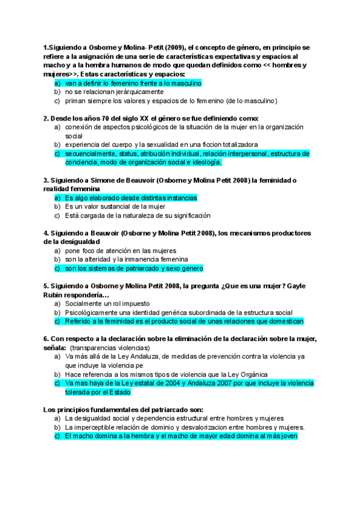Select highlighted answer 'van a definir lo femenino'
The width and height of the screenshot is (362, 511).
tap(133, 83)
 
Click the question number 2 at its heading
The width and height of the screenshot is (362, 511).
tap(46, 118)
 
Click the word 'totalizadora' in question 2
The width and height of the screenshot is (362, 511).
tap(234, 145)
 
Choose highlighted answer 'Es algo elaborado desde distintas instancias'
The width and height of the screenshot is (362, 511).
tap(131, 198)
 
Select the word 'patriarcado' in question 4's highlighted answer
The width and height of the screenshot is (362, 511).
tap(138, 268)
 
